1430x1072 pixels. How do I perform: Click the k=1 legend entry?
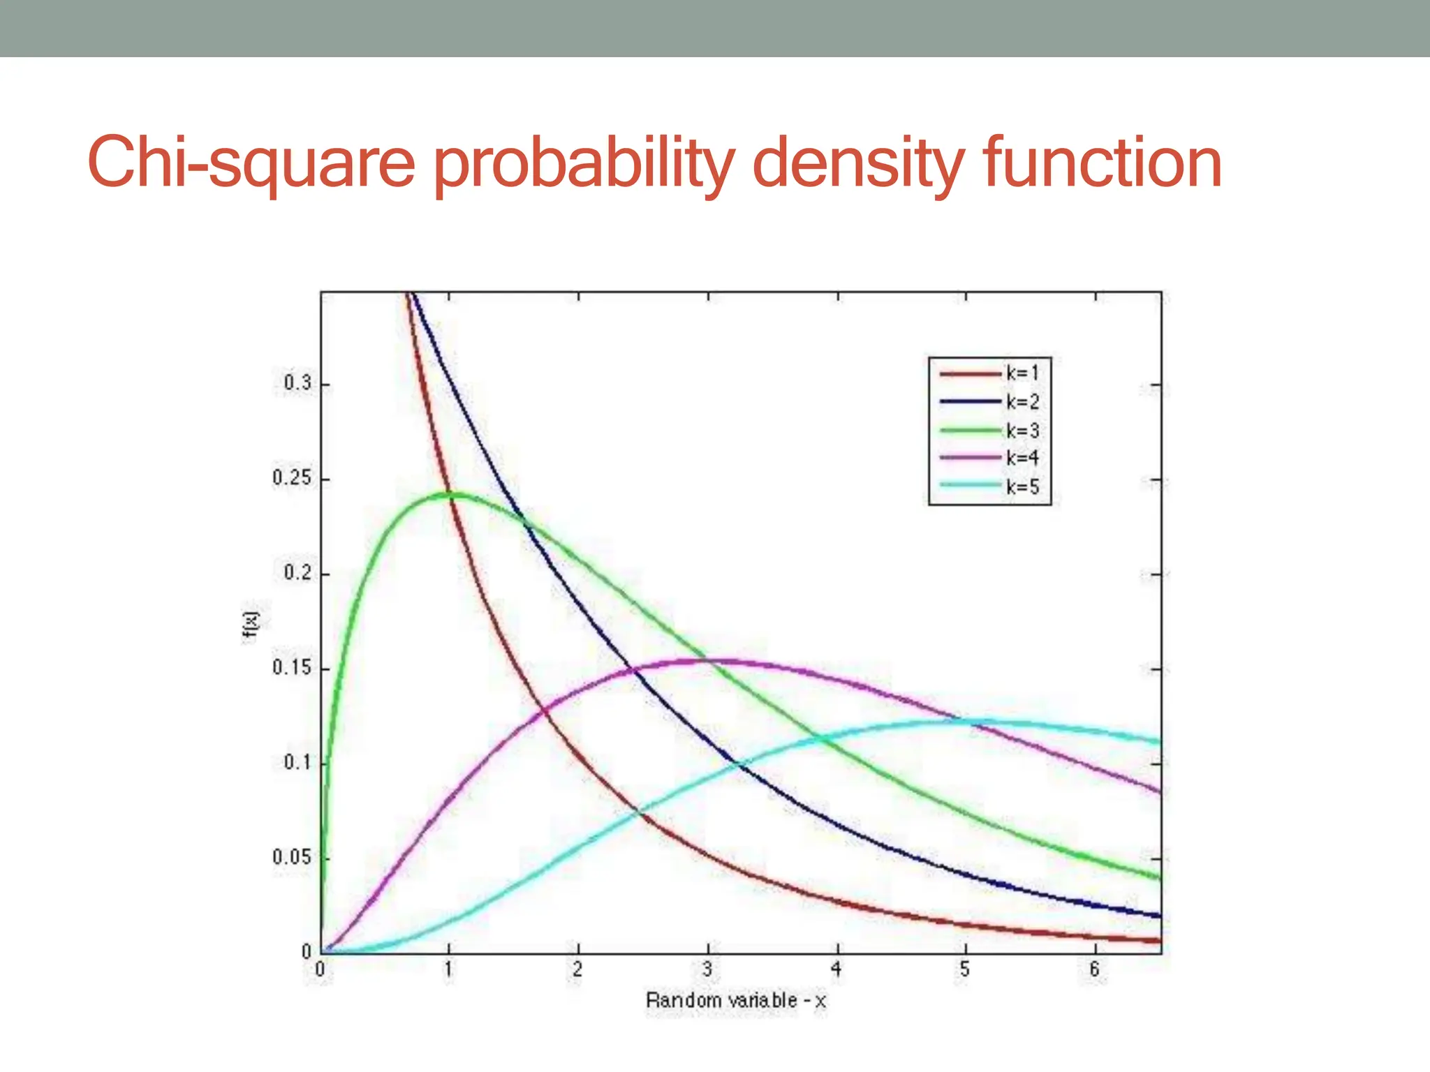pyautogui.click(x=1022, y=373)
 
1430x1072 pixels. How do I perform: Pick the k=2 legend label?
pyautogui.click(x=1022, y=402)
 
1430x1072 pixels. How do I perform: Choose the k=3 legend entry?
pyautogui.click(x=1022, y=431)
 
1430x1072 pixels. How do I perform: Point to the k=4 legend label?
pyautogui.click(x=1022, y=459)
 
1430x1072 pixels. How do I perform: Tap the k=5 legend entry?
pyautogui.click(x=1022, y=487)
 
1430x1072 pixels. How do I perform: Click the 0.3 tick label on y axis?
pyautogui.click(x=297, y=383)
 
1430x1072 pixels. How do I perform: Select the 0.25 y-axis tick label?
pyautogui.click(x=292, y=479)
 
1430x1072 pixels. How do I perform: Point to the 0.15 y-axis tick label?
pyautogui.click(x=292, y=668)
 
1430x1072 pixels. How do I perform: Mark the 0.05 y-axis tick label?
pyautogui.click(x=292, y=857)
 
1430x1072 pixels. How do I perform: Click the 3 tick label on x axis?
pyautogui.click(x=707, y=969)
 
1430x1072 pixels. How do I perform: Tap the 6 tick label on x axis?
pyautogui.click(x=1094, y=969)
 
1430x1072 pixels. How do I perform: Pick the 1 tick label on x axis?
pyautogui.click(x=449, y=969)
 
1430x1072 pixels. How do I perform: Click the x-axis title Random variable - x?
pyautogui.click(x=735, y=1001)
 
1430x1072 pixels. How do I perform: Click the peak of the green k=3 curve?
pyautogui.click(x=449, y=494)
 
